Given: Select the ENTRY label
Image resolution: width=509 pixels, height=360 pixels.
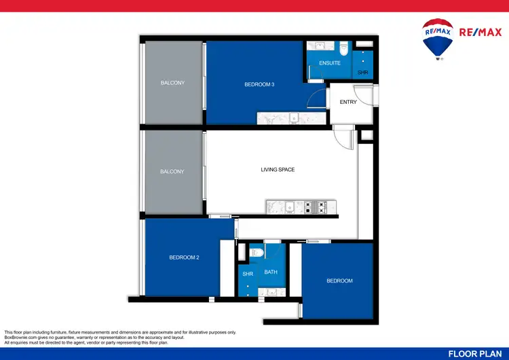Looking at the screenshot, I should [348, 103].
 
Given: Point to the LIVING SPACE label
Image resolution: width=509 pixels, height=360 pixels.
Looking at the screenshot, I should [278, 170].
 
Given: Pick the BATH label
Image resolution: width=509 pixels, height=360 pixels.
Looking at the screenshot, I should [271, 272].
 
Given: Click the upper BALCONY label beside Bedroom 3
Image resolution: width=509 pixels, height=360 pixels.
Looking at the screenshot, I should [172, 83].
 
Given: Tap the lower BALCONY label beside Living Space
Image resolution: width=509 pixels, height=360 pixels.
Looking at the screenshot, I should [172, 172].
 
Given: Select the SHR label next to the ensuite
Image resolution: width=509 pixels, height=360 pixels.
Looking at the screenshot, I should [363, 72].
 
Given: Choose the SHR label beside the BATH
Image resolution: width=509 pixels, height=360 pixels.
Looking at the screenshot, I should [248, 274].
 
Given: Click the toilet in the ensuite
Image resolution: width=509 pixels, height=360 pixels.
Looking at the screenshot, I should [343, 50].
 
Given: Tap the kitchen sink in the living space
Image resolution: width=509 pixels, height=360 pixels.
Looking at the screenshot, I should [289, 206].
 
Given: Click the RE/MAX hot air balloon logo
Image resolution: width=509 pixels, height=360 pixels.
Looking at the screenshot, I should [438, 39].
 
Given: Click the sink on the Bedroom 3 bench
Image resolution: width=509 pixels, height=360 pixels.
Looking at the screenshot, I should [294, 119].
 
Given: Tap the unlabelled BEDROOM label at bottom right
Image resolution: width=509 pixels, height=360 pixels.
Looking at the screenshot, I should [339, 281].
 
